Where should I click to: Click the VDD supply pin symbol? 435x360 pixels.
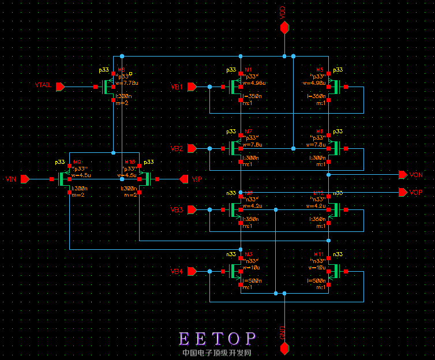(284, 28)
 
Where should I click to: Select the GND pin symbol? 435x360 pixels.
(284, 348)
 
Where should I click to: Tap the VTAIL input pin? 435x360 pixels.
(60, 87)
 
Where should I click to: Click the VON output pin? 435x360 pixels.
(402, 174)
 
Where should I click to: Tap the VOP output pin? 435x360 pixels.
(402, 192)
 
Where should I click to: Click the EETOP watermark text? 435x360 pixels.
(217, 339)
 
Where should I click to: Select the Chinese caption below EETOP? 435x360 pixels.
(217, 352)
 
